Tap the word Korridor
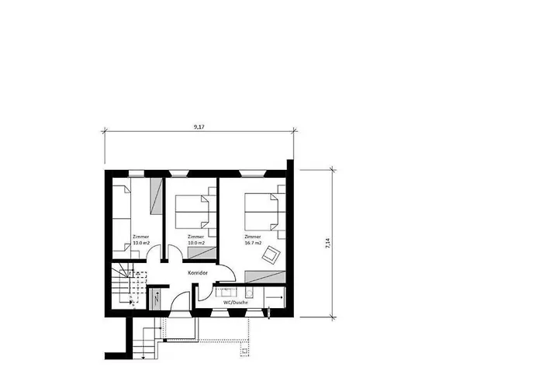(199, 274)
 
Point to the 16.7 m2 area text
(254, 243)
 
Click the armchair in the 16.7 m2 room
(271, 255)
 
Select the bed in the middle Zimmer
(192, 210)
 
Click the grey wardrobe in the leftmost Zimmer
(156, 195)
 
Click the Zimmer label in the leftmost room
(141, 237)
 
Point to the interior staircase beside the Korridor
(124, 285)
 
